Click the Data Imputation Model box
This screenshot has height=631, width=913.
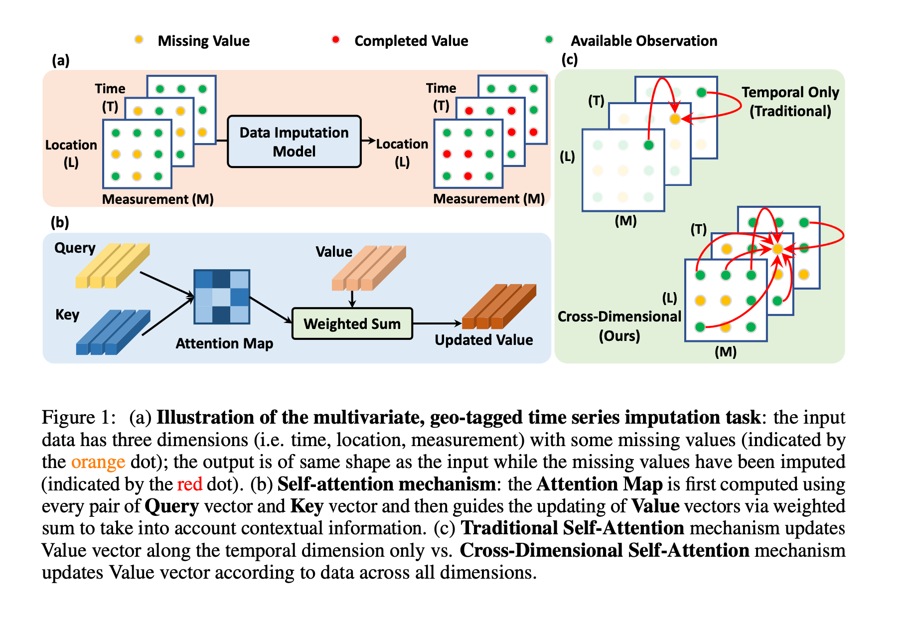click(x=294, y=142)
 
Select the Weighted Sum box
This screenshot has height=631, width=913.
click(x=352, y=323)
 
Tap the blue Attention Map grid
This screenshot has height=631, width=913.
click(x=222, y=297)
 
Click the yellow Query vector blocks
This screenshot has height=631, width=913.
click(x=113, y=266)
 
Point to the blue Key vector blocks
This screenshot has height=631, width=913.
click(x=113, y=332)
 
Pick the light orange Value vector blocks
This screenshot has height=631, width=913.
click(x=369, y=268)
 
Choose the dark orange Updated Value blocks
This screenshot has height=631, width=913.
click(x=499, y=307)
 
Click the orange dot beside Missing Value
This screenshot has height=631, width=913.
click(x=139, y=39)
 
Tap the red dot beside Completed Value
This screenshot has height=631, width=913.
click(x=336, y=39)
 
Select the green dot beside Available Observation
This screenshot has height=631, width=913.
click(x=549, y=39)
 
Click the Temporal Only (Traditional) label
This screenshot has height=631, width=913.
click(x=790, y=102)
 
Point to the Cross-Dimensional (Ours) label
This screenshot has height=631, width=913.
click(x=619, y=326)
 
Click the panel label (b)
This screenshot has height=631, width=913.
click(x=60, y=222)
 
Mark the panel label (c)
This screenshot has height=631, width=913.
click(x=569, y=60)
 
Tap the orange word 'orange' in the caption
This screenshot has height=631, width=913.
click(x=98, y=462)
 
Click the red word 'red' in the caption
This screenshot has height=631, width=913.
click(x=189, y=484)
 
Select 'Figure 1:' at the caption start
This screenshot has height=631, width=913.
click(x=78, y=417)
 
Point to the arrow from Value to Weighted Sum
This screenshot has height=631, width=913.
click(x=352, y=299)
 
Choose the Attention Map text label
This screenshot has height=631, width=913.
click(x=224, y=343)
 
